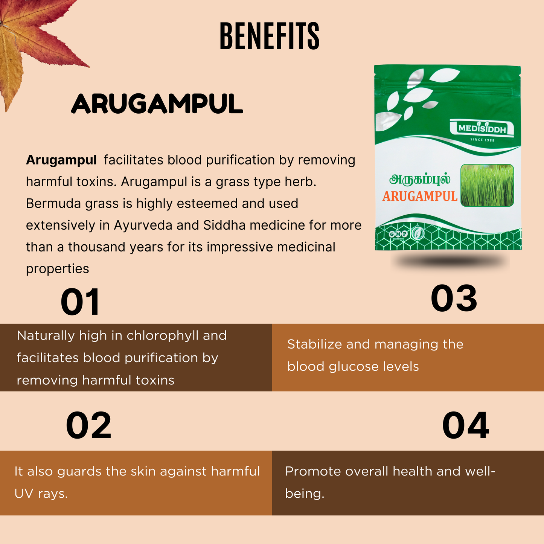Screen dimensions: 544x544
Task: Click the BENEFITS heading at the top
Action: point(270,36)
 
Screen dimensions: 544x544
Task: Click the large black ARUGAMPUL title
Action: point(157,104)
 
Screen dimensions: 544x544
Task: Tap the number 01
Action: point(80,302)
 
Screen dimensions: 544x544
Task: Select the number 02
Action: point(89,425)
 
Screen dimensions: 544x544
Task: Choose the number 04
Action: point(466,425)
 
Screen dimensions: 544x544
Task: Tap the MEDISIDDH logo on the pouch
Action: point(482,128)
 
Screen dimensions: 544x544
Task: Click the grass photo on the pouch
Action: point(487,185)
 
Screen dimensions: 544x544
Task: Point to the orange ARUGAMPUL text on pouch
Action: point(420,197)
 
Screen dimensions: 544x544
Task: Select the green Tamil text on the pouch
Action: point(420,180)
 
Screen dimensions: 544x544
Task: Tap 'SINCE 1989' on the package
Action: point(482,140)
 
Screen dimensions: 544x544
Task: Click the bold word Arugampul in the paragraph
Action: point(61,160)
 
